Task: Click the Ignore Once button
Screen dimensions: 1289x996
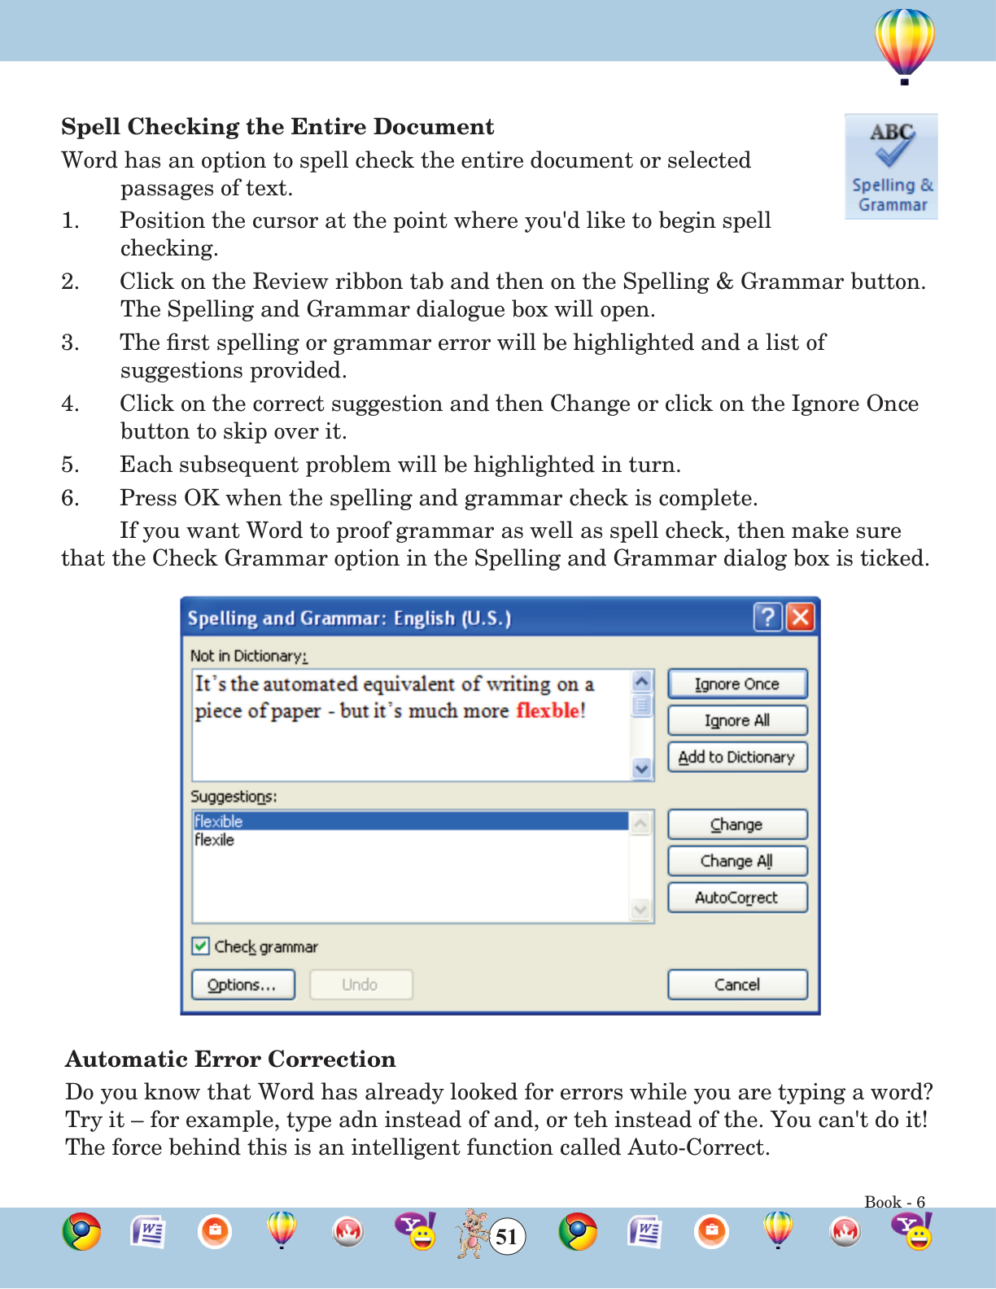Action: click(x=737, y=684)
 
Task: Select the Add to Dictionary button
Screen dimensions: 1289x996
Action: click(x=737, y=757)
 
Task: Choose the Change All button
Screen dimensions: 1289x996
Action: click(x=737, y=861)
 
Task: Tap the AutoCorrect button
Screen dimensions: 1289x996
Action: click(x=737, y=898)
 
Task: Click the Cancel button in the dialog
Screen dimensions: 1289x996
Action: click(x=737, y=985)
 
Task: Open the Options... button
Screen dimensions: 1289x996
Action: click(x=242, y=985)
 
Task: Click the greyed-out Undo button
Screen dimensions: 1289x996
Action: click(x=360, y=985)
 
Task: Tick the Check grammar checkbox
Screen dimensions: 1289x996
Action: click(x=201, y=946)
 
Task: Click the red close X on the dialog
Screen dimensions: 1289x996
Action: click(x=801, y=618)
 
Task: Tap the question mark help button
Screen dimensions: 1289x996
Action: click(x=767, y=618)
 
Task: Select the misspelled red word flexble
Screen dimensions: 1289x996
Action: click(x=548, y=710)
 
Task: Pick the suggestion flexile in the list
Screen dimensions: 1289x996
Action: click(x=215, y=840)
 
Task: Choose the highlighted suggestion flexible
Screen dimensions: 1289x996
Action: click(x=219, y=821)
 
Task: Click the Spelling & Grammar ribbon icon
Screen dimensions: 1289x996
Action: click(x=892, y=167)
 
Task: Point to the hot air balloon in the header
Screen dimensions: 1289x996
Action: click(x=905, y=45)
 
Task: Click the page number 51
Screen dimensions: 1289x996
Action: click(x=507, y=1237)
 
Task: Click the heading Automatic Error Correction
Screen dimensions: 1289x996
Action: click(x=230, y=1059)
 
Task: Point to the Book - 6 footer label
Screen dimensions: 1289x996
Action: click(x=894, y=1202)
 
